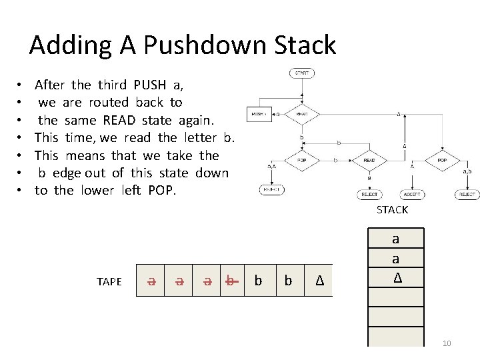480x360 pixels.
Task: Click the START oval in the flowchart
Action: pos(302,73)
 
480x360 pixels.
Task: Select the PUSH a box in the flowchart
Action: pos(259,114)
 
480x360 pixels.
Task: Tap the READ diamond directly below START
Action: pos(302,114)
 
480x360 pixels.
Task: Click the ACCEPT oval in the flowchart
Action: pos(411,194)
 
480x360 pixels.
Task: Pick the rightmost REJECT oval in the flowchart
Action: pos(467,194)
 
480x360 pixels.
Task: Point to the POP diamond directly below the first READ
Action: pos(302,161)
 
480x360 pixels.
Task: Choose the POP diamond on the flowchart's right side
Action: pos(442,161)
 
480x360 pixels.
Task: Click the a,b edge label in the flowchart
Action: pos(468,171)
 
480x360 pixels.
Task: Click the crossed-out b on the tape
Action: pos(230,281)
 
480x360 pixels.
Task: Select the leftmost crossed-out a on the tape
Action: pos(152,281)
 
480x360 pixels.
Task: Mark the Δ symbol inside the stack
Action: pos(397,276)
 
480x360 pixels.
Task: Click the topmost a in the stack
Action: pos(396,239)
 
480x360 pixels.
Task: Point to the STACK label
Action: pos(392,210)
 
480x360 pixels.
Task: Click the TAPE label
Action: pos(109,282)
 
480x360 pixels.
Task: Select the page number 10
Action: pos(446,343)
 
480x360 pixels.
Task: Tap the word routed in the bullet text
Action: pos(109,103)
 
